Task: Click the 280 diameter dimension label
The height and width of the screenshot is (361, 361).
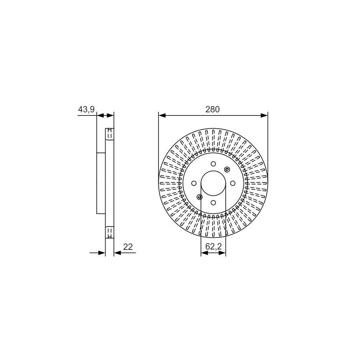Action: click(213, 110)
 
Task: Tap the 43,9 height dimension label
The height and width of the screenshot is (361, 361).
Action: click(86, 110)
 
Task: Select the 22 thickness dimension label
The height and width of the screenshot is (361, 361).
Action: click(128, 247)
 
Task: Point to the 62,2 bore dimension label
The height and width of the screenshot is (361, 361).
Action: click(213, 247)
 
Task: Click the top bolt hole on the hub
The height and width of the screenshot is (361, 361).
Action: click(213, 164)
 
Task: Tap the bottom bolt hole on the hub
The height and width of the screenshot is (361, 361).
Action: click(213, 203)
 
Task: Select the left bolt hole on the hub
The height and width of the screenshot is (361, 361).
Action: click(194, 183)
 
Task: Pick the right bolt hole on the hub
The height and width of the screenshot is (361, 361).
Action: click(233, 183)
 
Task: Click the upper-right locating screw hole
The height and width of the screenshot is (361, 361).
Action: click(227, 170)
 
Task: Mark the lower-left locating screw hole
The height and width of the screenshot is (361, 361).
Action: click(200, 197)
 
